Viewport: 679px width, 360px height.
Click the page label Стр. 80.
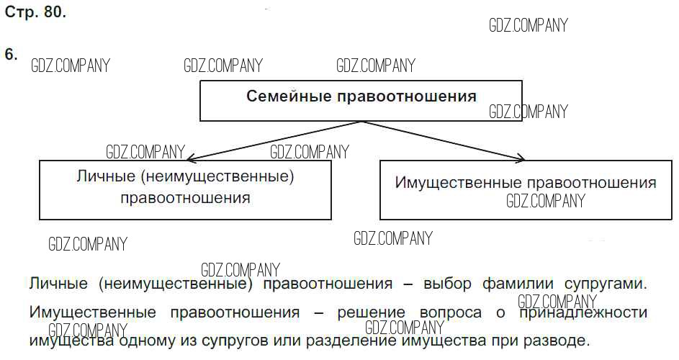click(35, 13)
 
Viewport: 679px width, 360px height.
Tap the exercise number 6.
click(11, 55)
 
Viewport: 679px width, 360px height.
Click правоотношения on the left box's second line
click(185, 197)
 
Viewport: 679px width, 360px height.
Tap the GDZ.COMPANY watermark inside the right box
click(546, 201)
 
